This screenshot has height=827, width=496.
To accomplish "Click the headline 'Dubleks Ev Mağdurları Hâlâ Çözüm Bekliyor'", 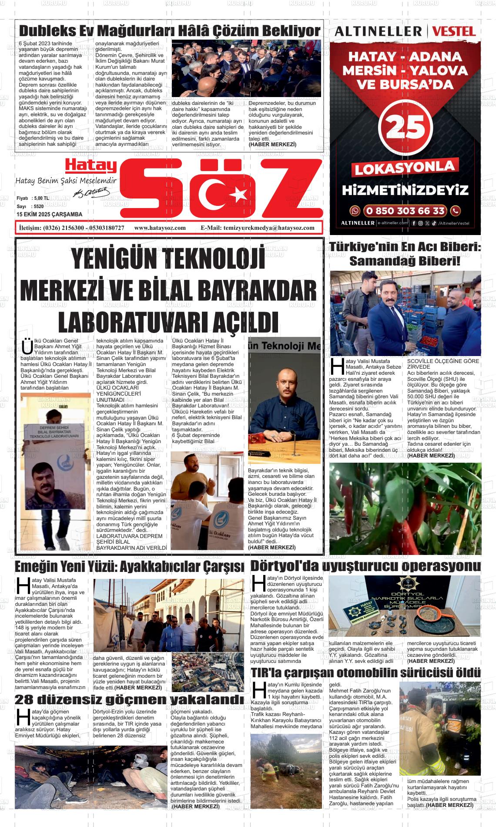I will tap(170, 30).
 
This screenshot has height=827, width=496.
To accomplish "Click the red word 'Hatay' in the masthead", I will tap(91, 165).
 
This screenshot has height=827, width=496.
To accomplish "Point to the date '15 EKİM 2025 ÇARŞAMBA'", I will tap(49, 215).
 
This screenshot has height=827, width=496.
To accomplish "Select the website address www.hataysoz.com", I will tap(160, 228).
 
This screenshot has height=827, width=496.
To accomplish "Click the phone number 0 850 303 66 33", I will tap(405, 211).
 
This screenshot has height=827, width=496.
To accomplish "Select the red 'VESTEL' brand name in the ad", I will tap(454, 31).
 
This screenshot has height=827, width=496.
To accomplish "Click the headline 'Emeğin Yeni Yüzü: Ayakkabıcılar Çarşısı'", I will tap(130, 567).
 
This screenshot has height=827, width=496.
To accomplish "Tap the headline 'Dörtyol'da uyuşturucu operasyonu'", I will tap(365, 566).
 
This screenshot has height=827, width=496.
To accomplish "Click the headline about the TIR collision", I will tap(365, 672).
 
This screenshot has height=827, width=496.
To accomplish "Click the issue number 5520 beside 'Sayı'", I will tap(39, 206).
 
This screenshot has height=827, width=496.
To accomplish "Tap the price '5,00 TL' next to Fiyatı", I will tap(40, 198).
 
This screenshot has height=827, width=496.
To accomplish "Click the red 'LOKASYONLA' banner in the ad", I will tap(405, 168).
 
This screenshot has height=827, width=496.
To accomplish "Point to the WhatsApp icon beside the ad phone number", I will tap(355, 211).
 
